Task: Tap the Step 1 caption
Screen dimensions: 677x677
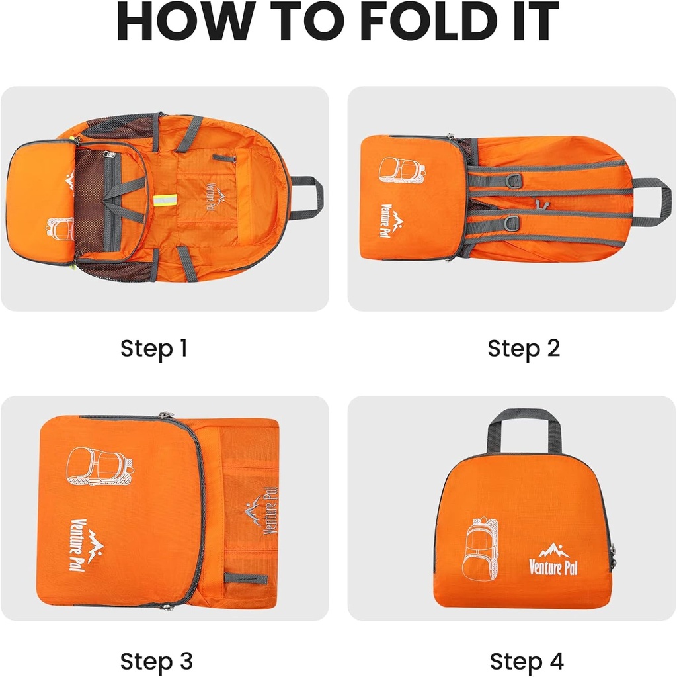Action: [x=153, y=348]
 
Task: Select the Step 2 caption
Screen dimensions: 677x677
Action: [x=524, y=348]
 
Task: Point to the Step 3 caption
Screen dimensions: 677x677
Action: [x=156, y=660]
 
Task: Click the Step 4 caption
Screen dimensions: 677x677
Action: [x=526, y=660]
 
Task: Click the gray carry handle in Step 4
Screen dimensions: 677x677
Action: [x=524, y=424]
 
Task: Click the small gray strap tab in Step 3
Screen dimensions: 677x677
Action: [x=245, y=578]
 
